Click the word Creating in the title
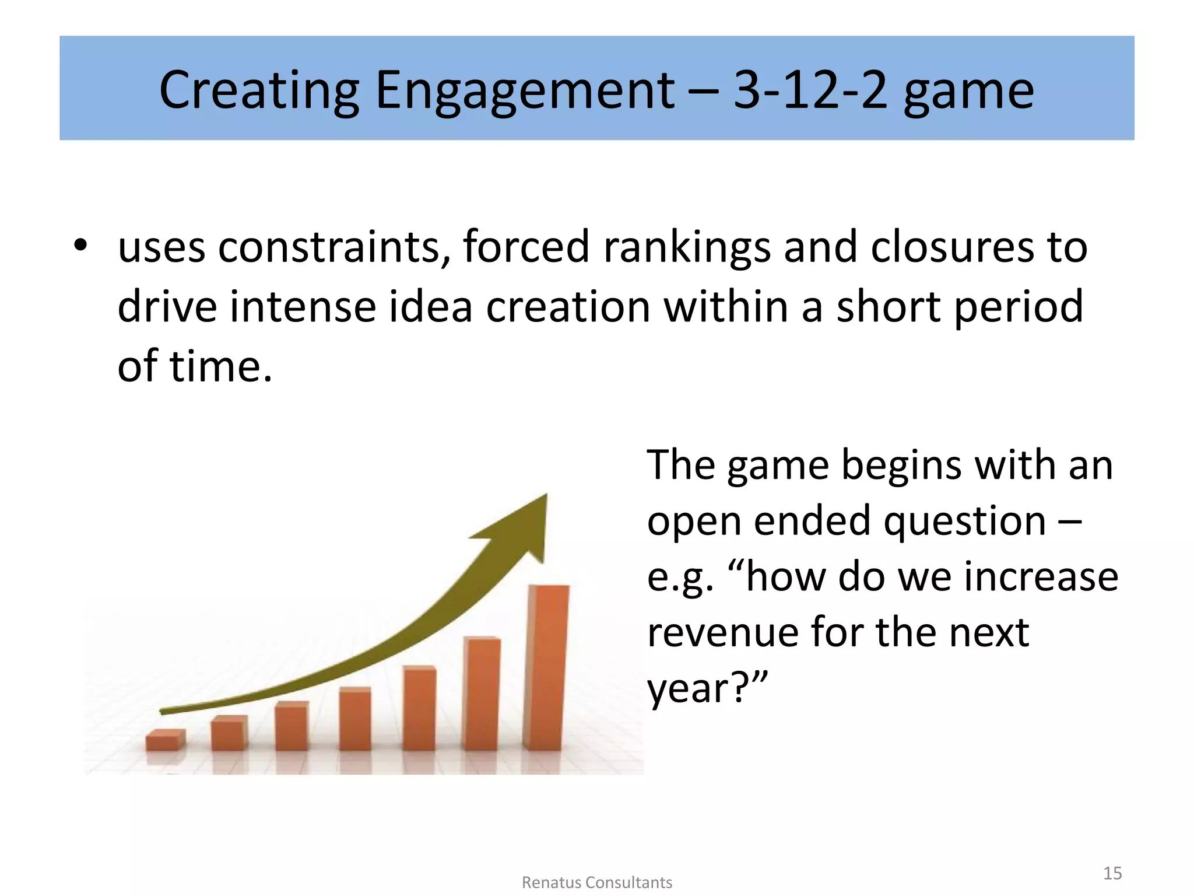tap(259, 90)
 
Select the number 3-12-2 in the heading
tap(810, 90)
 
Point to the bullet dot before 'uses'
tap(80, 246)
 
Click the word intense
tap(303, 307)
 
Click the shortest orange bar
tap(165, 740)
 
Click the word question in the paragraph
tap(964, 521)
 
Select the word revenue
tap(722, 632)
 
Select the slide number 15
tap(1112, 873)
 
